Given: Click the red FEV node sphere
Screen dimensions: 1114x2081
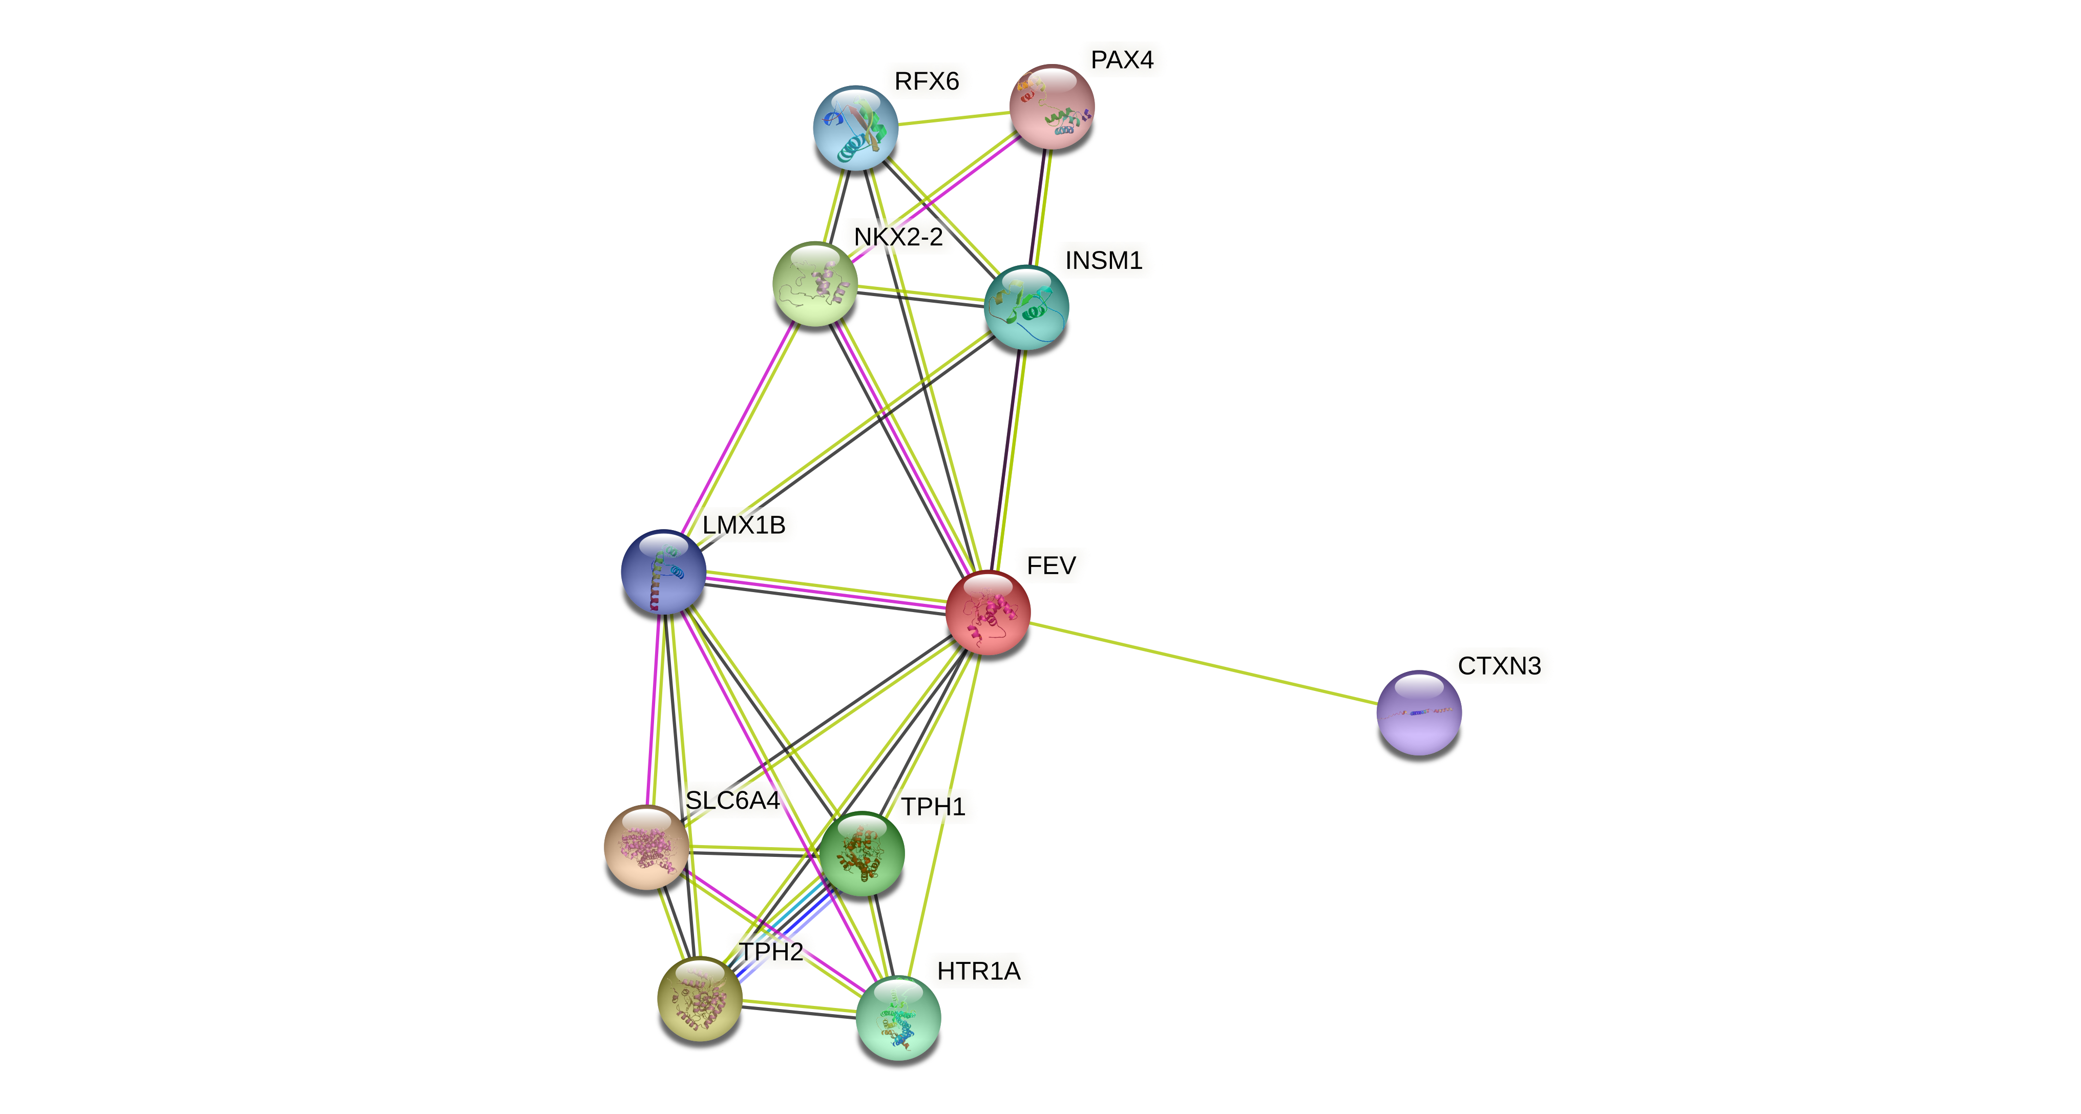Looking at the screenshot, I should point(987,613).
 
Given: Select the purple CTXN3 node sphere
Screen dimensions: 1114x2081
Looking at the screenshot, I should point(1419,712).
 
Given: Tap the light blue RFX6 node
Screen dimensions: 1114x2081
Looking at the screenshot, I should point(855,128).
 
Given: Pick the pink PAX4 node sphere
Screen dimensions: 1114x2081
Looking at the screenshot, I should point(1052,107).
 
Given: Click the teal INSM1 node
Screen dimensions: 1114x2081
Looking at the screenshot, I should point(1026,307).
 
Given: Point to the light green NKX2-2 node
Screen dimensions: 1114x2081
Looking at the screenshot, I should point(814,284).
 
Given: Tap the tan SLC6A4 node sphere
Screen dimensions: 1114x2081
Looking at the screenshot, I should point(646,847).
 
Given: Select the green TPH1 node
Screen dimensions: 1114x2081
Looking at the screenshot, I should point(861,854).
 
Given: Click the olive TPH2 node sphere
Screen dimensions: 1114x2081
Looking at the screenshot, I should point(700,998).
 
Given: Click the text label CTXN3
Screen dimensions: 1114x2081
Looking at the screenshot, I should point(1499,666).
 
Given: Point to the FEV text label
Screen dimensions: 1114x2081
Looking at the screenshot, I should point(1051,565).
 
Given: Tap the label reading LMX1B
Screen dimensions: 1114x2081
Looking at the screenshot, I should point(743,525).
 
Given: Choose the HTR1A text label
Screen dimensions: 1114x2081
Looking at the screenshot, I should point(978,971).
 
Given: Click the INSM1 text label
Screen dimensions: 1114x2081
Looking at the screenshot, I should point(1104,261).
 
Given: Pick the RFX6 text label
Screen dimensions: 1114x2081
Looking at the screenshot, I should point(927,81).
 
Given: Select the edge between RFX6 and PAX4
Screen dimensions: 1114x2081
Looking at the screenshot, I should point(953,118).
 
